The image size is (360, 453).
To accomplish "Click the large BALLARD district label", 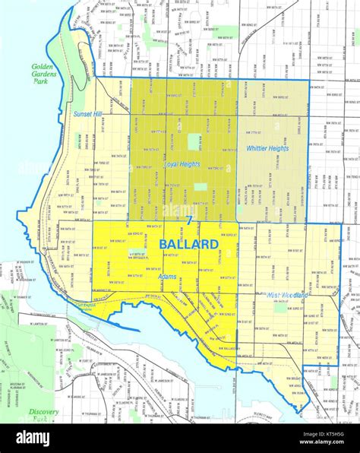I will (x=189, y=245).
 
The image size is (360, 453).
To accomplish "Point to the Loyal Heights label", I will (x=182, y=163).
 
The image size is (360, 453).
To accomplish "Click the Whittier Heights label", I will (x=267, y=148).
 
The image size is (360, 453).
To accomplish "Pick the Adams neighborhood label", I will (x=167, y=277).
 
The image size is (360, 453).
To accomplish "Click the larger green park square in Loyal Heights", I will (x=195, y=142).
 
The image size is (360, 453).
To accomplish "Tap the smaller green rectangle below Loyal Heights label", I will (x=200, y=186).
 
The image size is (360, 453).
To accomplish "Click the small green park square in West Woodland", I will (x=280, y=308).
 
